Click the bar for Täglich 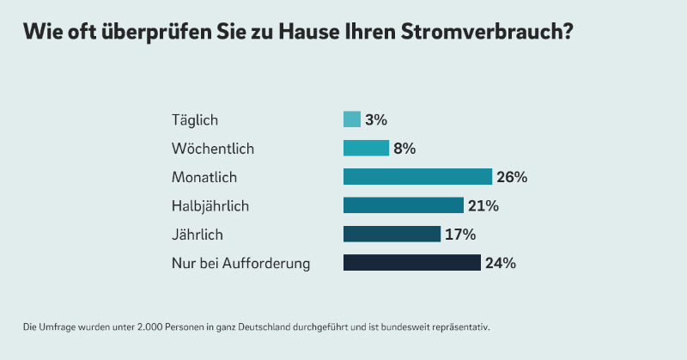351,119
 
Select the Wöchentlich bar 366,149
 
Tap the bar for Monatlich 417,177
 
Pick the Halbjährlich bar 403,205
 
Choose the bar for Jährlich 392,235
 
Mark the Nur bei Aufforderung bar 411,263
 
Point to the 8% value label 404,149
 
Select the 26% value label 511,177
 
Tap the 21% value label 483,205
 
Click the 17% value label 460,235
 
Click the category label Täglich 195,120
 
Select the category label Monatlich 204,178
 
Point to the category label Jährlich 198,235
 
